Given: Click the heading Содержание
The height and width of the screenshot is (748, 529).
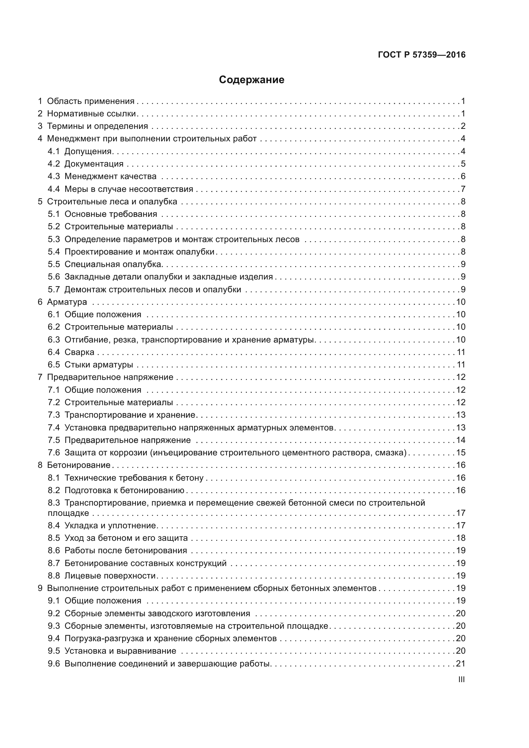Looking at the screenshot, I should [251, 80].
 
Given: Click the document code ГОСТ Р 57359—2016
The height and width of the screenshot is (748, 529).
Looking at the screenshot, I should [422, 55].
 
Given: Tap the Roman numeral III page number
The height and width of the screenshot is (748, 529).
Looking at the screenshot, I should [461, 679].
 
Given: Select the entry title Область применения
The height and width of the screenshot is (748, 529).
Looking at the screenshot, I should [91, 101].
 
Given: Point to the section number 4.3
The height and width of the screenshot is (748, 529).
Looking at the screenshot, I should [54, 176].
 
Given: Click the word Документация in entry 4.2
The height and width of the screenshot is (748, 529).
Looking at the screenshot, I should [94, 164].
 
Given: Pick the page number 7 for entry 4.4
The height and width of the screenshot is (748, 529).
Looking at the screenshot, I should [463, 189].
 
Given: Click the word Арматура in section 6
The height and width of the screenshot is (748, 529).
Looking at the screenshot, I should [67, 302].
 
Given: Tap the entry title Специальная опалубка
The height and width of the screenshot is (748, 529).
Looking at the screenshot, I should [113, 264].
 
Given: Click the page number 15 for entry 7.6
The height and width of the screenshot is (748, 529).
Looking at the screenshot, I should [461, 453].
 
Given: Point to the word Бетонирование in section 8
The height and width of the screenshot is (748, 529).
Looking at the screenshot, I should [79, 465].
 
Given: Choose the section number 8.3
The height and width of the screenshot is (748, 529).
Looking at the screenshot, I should [54, 503].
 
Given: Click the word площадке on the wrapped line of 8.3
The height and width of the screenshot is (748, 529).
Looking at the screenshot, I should [68, 513].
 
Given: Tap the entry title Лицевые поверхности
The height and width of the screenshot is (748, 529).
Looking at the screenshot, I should [110, 576].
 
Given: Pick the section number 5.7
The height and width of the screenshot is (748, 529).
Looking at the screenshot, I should [54, 290].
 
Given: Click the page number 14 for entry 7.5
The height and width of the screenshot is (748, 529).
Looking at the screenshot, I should [461, 440].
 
